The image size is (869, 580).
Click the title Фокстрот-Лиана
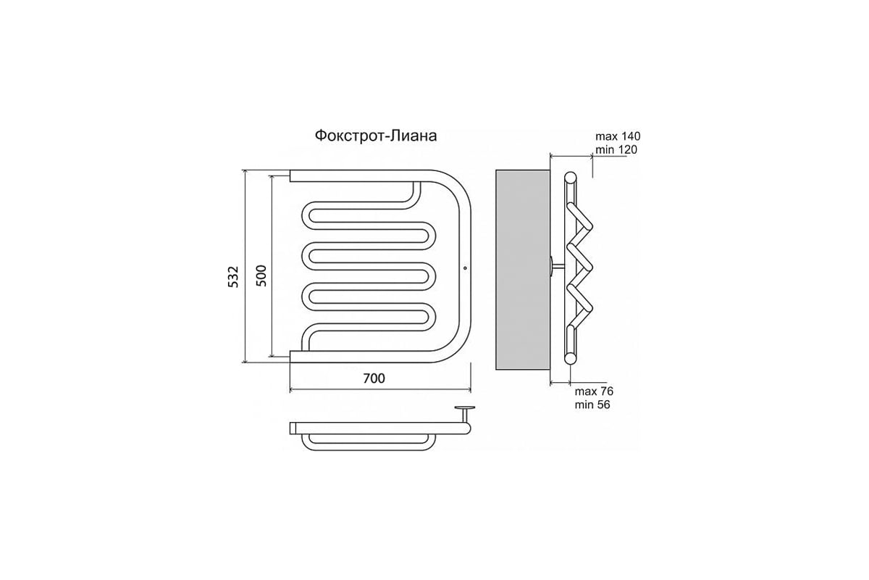pyautogui.click(x=376, y=136)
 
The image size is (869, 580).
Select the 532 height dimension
pyautogui.click(x=233, y=277)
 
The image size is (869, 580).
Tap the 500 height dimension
pyautogui.click(x=262, y=275)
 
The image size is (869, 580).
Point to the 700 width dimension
pyautogui.click(x=374, y=378)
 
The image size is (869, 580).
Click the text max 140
pyautogui.click(x=618, y=136)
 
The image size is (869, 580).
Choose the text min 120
pyautogui.click(x=616, y=149)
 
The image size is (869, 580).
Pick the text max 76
pyautogui.click(x=594, y=391)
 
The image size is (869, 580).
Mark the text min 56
pyautogui.click(x=592, y=405)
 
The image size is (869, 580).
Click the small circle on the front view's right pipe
pyautogui.click(x=465, y=268)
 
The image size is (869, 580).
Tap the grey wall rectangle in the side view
pyautogui.click(x=523, y=270)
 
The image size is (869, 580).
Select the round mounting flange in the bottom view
pyautogui.click(x=465, y=408)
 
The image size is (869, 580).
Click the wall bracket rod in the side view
pyautogui.click(x=558, y=266)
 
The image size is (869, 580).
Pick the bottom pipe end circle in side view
pyautogui.click(x=571, y=358)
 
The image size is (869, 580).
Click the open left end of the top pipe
pyautogui.click(x=290, y=175)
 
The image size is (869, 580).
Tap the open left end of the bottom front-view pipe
pyautogui.click(x=290, y=356)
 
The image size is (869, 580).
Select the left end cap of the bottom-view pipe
pyautogui.click(x=293, y=428)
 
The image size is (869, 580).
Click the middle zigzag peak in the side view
pyautogui.click(x=588, y=267)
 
